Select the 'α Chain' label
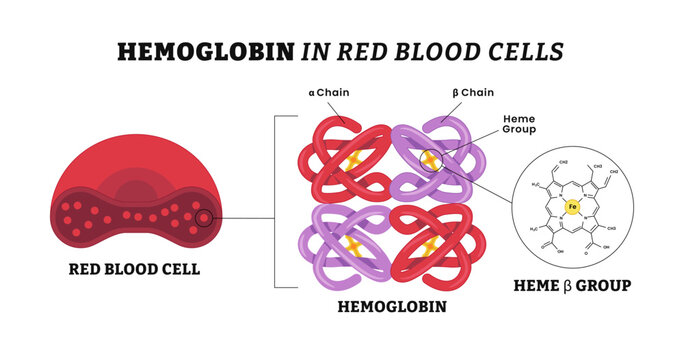(329, 93)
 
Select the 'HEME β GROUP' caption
(572, 285)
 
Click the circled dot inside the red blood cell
(204, 218)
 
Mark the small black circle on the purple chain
(429, 157)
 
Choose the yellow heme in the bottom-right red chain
(430, 244)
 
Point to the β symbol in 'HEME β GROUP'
(575, 285)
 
